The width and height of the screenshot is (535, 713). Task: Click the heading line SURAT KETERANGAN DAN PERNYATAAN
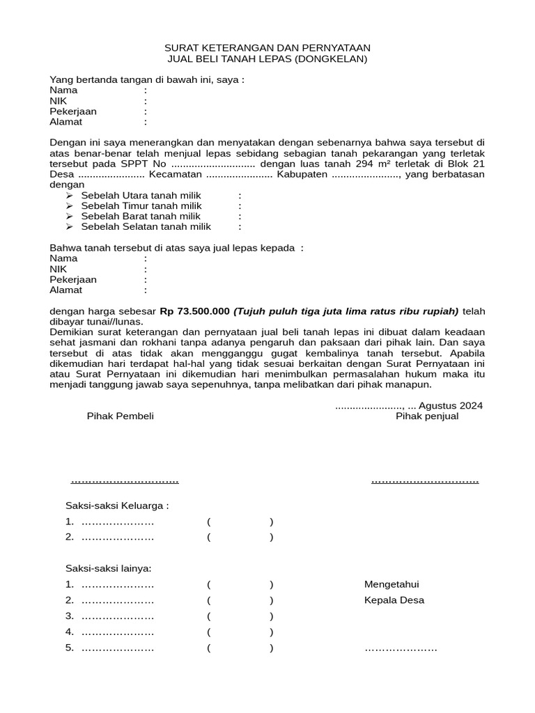pos(267,47)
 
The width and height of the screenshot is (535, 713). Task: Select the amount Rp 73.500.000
pos(195,311)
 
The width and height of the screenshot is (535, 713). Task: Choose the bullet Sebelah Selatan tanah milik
pos(146,226)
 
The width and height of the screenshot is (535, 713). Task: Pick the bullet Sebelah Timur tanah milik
pos(141,206)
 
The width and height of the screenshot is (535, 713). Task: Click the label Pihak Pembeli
pos(120,416)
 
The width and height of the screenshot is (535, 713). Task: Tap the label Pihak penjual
pos(427,416)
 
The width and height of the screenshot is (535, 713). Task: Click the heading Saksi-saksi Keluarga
pos(117,506)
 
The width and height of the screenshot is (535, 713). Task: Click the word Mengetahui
pos(391,584)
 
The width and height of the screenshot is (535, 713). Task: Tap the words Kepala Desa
pos(394,600)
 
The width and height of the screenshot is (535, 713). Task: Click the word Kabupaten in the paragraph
pos(302,174)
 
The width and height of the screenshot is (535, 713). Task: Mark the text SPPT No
pos(144,164)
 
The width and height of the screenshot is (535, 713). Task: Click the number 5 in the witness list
pos(69,648)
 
